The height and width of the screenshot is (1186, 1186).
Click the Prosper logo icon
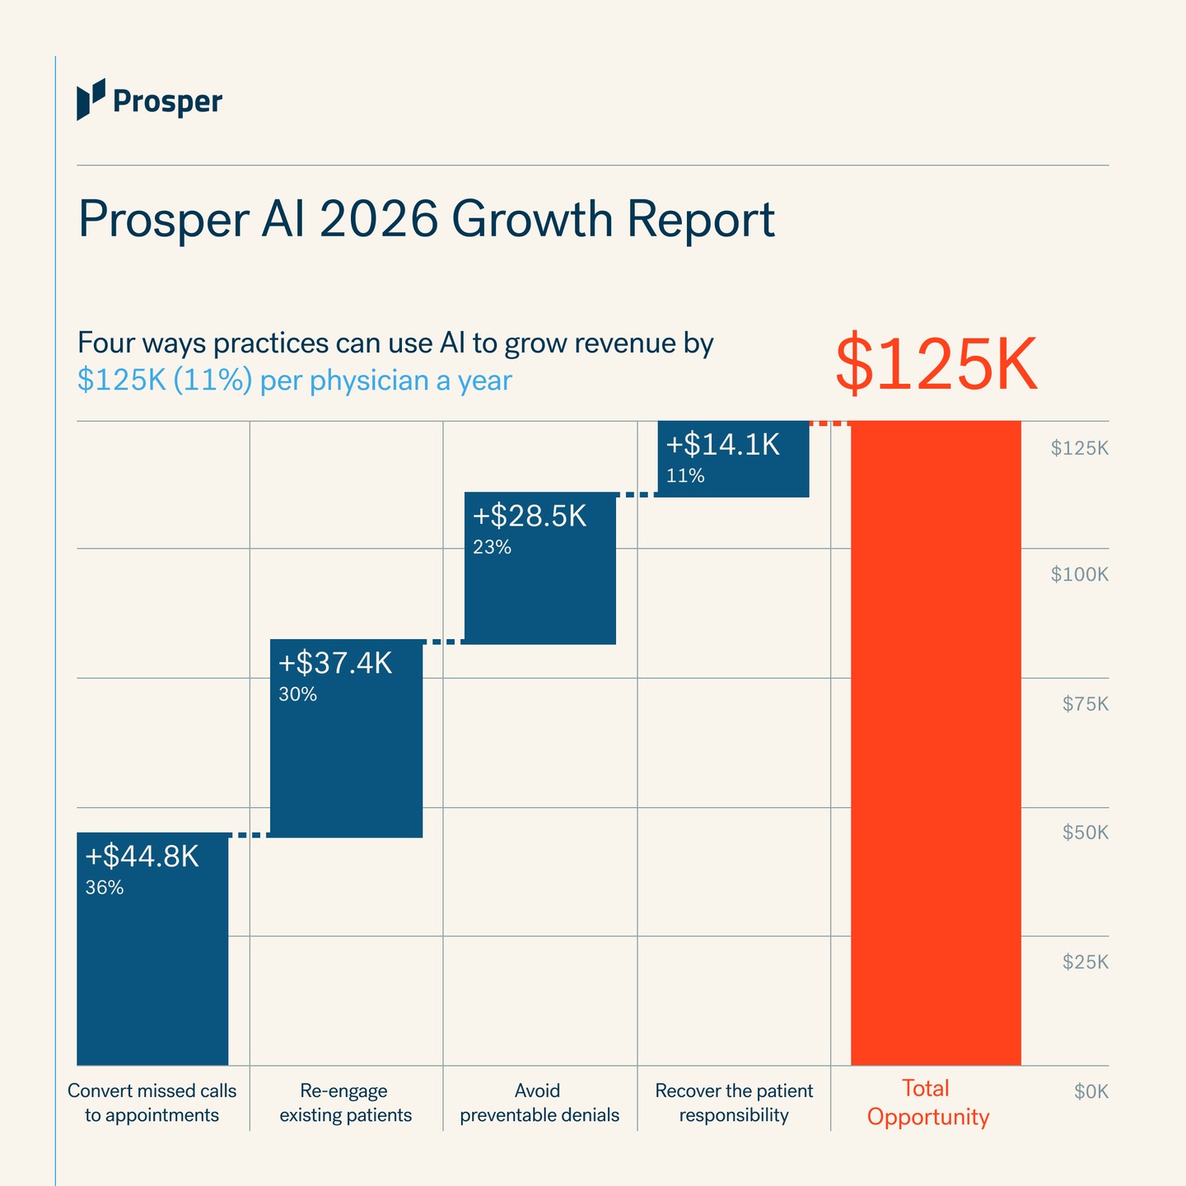[x=91, y=99]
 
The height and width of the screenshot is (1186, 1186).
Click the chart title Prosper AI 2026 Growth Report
[x=426, y=220]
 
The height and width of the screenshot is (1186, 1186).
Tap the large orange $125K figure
[x=936, y=363]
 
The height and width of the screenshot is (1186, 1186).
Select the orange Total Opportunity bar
[x=936, y=743]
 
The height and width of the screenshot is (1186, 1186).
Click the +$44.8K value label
[x=142, y=856]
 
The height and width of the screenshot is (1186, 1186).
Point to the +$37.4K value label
[x=335, y=663]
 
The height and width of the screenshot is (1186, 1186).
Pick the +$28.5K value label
[x=530, y=516]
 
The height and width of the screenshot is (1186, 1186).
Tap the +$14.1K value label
[x=723, y=445]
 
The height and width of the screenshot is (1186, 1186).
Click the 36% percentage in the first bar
[x=105, y=888]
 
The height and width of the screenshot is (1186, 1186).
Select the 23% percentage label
[x=493, y=547]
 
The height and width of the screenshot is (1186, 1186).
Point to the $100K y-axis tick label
[x=1080, y=574]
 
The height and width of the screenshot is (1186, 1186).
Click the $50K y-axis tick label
[x=1086, y=833]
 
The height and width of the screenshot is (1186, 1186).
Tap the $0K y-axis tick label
[x=1091, y=1092]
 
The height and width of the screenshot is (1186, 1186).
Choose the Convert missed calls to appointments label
[x=152, y=1103]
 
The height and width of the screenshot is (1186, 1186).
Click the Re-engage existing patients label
[x=346, y=1103]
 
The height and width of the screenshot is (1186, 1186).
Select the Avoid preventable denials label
[x=539, y=1103]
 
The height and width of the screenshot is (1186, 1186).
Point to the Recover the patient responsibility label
[x=734, y=1103]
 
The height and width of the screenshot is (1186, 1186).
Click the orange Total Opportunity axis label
[x=928, y=1103]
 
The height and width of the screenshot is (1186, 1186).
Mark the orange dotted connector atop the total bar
[x=830, y=423]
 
